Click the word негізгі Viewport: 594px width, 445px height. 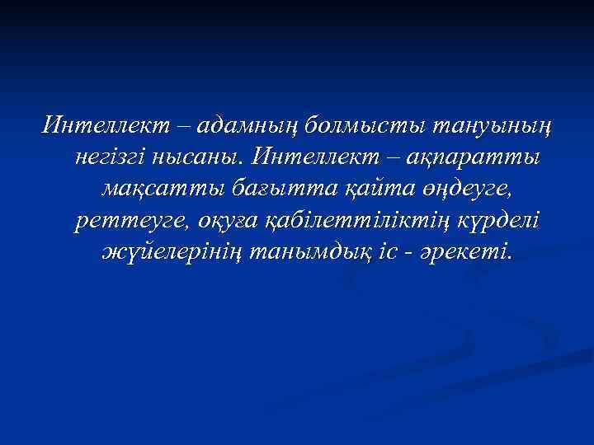(111, 156)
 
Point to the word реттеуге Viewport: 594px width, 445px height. (125, 219)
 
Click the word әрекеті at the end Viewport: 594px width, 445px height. (468, 251)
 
